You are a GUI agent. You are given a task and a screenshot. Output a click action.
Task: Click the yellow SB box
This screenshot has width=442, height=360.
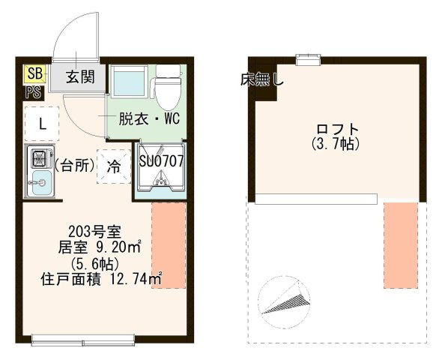[35, 74]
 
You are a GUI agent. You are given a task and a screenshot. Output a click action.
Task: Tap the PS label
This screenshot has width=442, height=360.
[34, 92]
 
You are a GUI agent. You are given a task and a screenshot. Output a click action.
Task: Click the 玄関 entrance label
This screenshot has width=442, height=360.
[80, 76]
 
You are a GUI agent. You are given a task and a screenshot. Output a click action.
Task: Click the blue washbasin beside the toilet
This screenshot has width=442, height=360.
[130, 81]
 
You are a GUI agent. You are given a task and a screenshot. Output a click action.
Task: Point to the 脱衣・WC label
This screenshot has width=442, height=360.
[149, 118]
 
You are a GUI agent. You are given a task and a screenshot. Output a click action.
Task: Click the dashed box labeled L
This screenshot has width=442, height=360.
[42, 124]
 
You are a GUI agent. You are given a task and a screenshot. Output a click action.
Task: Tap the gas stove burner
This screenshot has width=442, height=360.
[40, 158]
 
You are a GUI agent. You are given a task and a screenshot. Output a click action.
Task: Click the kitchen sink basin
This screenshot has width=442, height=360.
[41, 183]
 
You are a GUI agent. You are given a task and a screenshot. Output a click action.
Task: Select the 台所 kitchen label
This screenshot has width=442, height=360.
[74, 166]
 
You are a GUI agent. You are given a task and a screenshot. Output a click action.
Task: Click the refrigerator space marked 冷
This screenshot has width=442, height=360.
[114, 166]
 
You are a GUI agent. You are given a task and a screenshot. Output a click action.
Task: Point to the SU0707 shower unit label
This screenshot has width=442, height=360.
[161, 160]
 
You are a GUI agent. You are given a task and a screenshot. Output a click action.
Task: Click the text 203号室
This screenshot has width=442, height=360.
[94, 232]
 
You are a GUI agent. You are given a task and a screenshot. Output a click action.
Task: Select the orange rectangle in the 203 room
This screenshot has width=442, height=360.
[169, 245]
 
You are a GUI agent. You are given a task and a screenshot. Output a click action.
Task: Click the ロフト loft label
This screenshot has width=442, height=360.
[336, 130]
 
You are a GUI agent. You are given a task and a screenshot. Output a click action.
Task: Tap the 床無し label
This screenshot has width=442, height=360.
[262, 80]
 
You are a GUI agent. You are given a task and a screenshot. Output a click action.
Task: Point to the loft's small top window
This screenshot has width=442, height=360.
[309, 59]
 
